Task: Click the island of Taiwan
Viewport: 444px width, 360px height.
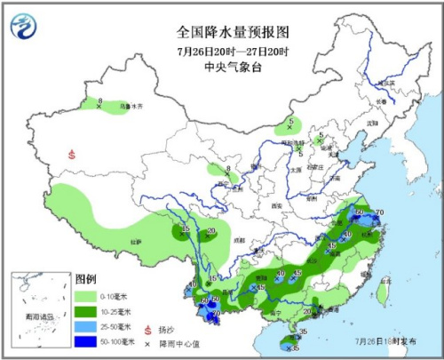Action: (x=383, y=290)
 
